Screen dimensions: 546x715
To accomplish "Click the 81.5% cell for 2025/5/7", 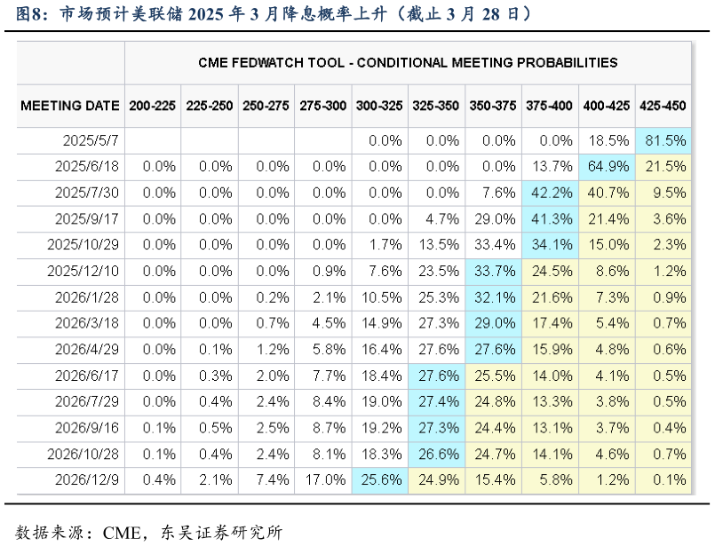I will tap(663, 140).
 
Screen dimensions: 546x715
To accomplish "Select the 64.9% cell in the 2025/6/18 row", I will tap(607, 167).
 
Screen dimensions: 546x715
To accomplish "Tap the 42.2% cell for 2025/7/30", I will tap(550, 193).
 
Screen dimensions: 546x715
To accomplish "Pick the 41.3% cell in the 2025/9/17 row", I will tap(550, 219).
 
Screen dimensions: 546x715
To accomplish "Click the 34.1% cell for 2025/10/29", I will tap(550, 245).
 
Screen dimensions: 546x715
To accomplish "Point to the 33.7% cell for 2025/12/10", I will tap(493, 272).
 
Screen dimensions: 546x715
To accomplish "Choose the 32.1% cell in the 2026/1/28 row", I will tap(493, 297).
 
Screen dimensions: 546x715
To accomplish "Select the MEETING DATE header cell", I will tap(70, 106).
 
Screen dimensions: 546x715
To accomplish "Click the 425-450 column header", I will tap(663, 106).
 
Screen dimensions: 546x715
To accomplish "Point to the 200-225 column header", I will tap(152, 106).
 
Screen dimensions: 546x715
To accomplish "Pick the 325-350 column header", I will tap(436, 106).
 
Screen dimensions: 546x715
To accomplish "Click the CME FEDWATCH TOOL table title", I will tap(408, 62).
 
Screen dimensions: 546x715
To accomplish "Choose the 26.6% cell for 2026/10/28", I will tap(436, 455).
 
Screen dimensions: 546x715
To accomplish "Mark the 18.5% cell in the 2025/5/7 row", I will tap(607, 140).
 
